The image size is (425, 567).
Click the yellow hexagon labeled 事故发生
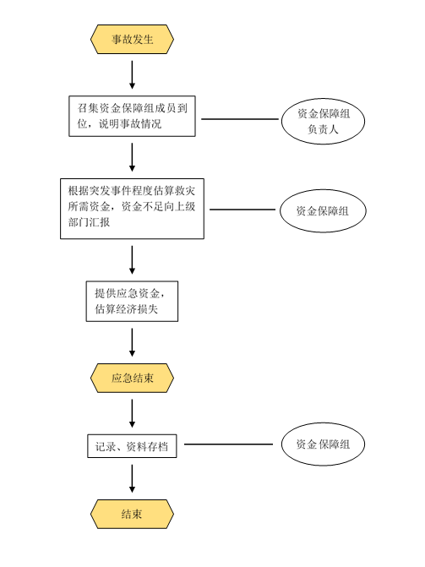(132, 39)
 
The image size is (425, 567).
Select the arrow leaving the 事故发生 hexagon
(132, 74)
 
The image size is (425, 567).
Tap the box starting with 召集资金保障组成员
(132, 116)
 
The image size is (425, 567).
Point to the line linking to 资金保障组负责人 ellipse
(240, 119)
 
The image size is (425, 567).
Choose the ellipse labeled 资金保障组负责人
(323, 121)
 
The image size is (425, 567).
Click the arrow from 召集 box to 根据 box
(132, 157)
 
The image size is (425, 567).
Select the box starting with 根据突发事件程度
(132, 209)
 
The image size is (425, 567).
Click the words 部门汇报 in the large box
(89, 222)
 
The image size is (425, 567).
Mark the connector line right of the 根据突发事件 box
(242, 210)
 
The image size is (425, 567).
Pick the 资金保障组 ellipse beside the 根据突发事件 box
(323, 210)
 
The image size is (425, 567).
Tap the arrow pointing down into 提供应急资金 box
(132, 259)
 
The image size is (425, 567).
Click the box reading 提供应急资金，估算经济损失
(132, 301)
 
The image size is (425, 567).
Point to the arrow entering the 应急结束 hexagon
(132, 342)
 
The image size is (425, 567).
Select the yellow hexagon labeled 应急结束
(132, 378)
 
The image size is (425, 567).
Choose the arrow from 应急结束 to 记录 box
(132, 413)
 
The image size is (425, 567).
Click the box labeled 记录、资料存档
(132, 446)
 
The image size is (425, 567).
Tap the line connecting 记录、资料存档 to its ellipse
(228, 444)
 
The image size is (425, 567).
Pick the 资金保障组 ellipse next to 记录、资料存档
(323, 444)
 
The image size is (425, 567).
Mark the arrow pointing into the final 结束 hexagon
(132, 478)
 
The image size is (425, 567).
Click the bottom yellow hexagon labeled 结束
(132, 515)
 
